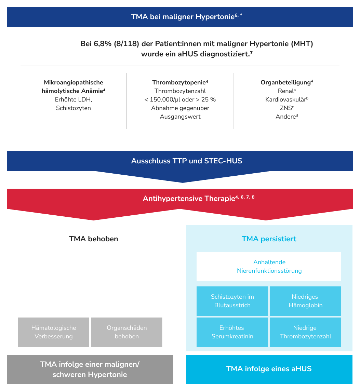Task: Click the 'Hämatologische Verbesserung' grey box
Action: [53, 332]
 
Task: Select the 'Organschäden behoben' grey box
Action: [126, 332]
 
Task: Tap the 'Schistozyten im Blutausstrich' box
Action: [232, 301]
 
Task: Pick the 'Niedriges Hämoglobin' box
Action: [305, 301]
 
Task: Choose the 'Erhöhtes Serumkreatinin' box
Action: [232, 332]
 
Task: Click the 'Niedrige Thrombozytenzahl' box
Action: [305, 332]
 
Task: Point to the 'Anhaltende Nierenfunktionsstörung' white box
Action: [269, 267]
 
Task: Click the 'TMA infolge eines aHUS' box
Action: [269, 369]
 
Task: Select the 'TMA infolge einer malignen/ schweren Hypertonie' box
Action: [90, 369]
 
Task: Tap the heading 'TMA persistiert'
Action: [269, 239]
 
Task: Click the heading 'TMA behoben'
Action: [94, 239]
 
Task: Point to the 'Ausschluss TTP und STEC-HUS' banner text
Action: [187, 161]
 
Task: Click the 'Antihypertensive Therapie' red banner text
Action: [189, 199]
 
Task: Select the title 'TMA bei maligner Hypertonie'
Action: [183, 17]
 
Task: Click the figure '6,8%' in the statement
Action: [103, 44]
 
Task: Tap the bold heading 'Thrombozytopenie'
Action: [179, 82]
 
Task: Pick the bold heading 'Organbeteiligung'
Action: [286, 82]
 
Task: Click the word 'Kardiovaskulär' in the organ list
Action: [285, 99]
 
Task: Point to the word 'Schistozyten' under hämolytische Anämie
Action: [74, 108]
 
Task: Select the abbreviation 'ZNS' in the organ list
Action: [286, 108]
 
